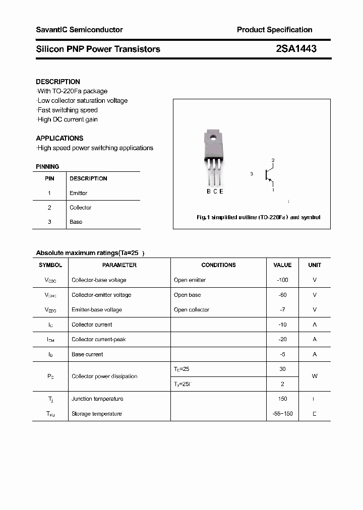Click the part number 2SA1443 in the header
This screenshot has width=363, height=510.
click(296, 49)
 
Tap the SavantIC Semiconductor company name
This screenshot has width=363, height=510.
click(79, 30)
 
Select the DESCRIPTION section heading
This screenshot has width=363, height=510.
click(58, 82)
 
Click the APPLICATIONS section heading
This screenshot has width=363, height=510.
click(59, 138)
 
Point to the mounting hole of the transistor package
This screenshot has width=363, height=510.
click(213, 137)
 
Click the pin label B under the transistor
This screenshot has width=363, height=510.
click(209, 191)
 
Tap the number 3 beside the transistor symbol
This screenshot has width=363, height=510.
click(251, 174)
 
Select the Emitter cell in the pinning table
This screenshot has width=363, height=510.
click(78, 193)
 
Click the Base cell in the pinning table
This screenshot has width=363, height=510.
click(76, 222)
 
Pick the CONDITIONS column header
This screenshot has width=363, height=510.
click(218, 265)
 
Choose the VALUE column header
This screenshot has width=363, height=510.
click(282, 265)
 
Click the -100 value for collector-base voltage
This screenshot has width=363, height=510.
click(282, 280)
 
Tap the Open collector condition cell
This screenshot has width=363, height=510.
click(192, 310)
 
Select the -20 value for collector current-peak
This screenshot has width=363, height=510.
click(282, 340)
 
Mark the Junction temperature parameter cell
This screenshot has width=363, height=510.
click(97, 399)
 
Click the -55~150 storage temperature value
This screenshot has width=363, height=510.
click(282, 414)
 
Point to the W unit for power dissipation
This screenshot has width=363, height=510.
click(315, 376)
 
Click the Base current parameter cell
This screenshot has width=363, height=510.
click(87, 354)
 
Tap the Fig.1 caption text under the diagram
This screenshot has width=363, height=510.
click(258, 218)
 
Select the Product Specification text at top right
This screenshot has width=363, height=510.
click(274, 30)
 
